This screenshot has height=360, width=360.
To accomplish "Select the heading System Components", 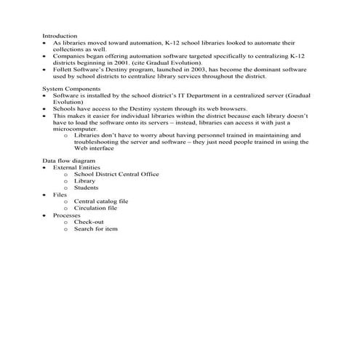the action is pyautogui.click(x=71, y=88).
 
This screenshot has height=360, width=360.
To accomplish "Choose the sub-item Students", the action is pyautogui.click(x=87, y=188).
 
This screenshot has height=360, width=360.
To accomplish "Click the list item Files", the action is pyautogui.click(x=60, y=195).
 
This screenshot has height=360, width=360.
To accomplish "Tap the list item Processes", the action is pyautogui.click(x=67, y=216).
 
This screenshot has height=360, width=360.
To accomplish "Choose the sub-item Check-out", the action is pyautogui.click(x=89, y=223).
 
